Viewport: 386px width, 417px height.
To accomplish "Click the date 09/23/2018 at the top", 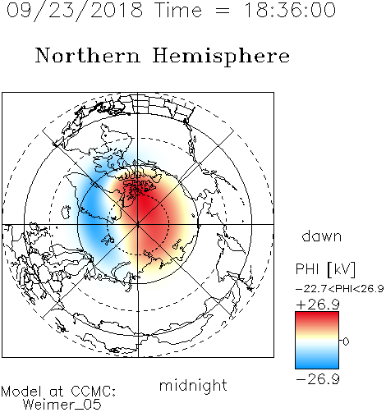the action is (75, 11).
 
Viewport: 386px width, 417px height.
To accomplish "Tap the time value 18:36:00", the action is (290, 10).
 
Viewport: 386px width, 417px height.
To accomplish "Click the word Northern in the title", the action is (88, 56).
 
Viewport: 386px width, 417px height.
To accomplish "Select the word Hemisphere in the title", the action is (221, 56).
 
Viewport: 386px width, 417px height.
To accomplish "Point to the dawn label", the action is (322, 236).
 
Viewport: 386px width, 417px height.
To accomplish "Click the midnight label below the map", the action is (193, 386).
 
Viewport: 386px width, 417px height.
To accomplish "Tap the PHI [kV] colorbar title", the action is (326, 269).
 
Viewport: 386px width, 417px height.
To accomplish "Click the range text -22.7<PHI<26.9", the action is (340, 289).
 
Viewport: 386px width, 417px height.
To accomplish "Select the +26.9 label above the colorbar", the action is (318, 305).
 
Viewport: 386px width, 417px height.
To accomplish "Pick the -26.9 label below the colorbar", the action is (318, 379).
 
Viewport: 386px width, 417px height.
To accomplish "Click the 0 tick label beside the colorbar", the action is (346, 341).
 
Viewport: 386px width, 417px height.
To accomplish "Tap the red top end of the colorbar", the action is (317, 314).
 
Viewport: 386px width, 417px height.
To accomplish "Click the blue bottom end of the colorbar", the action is (317, 365).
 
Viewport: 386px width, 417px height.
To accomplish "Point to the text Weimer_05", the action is (62, 405).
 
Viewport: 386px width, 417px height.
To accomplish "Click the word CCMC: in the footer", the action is (94, 392).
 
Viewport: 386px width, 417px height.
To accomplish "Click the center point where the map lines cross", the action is (138, 225).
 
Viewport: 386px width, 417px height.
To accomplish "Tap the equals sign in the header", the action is (223, 11).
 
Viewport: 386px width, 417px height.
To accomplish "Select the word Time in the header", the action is (178, 10).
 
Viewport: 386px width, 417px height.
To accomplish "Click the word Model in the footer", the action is (21, 392).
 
